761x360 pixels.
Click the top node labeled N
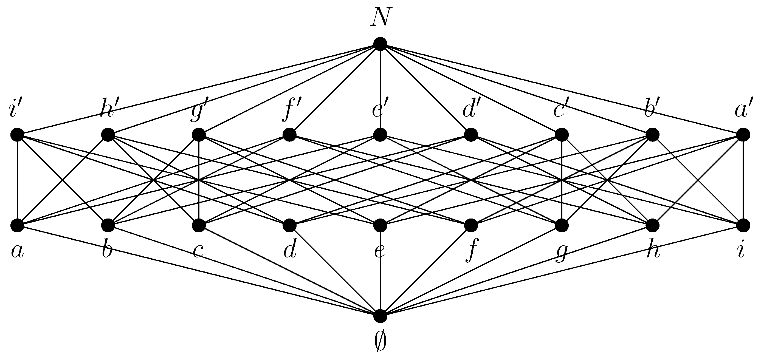(x=380, y=44)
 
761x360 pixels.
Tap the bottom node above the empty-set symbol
(x=380, y=316)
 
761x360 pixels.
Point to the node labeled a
(x=17, y=226)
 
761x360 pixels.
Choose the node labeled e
(x=380, y=226)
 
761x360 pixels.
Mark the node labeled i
(x=743, y=226)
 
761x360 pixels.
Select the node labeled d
(x=289, y=226)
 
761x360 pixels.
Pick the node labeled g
(x=562, y=226)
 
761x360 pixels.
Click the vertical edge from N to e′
(x=380, y=89)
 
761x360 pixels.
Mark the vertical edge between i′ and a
(x=17, y=180)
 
